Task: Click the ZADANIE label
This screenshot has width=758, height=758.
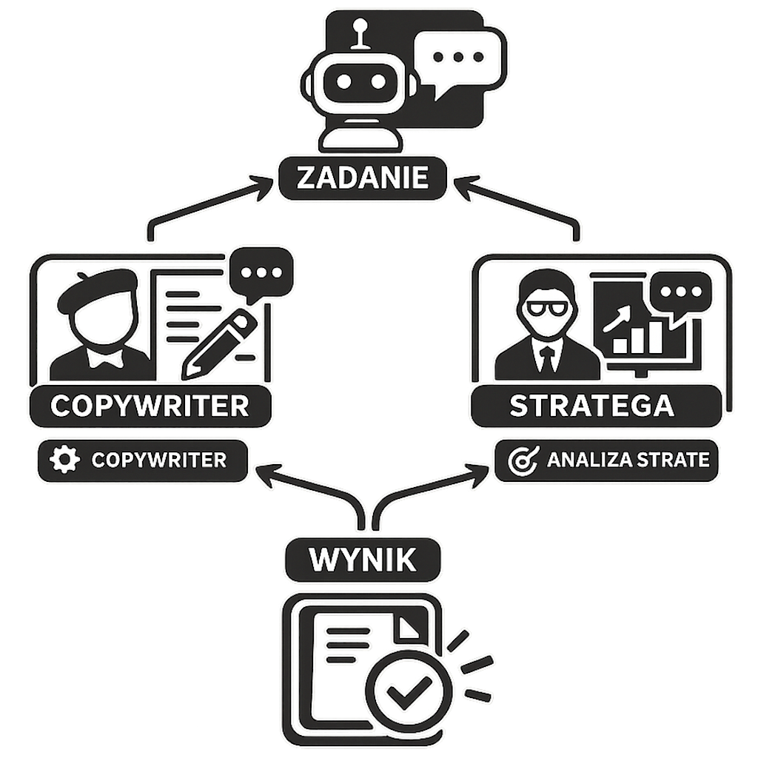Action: pyautogui.click(x=363, y=178)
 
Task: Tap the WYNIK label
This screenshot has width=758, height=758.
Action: pyautogui.click(x=363, y=560)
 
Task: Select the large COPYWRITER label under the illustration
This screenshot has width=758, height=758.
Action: pyautogui.click(x=150, y=406)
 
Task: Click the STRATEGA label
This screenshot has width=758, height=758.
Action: pyautogui.click(x=596, y=406)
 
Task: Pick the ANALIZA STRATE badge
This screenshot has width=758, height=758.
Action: pyautogui.click(x=606, y=460)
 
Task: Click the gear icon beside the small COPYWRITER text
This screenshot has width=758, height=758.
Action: pyautogui.click(x=65, y=460)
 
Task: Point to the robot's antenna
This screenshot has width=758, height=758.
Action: pyautogui.click(x=360, y=34)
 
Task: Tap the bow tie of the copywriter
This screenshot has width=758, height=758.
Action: pyautogui.click(x=105, y=356)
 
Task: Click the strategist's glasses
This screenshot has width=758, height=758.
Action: pyautogui.click(x=546, y=309)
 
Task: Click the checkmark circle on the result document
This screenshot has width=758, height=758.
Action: pyautogui.click(x=409, y=692)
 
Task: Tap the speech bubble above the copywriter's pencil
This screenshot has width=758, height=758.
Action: pyautogui.click(x=261, y=274)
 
